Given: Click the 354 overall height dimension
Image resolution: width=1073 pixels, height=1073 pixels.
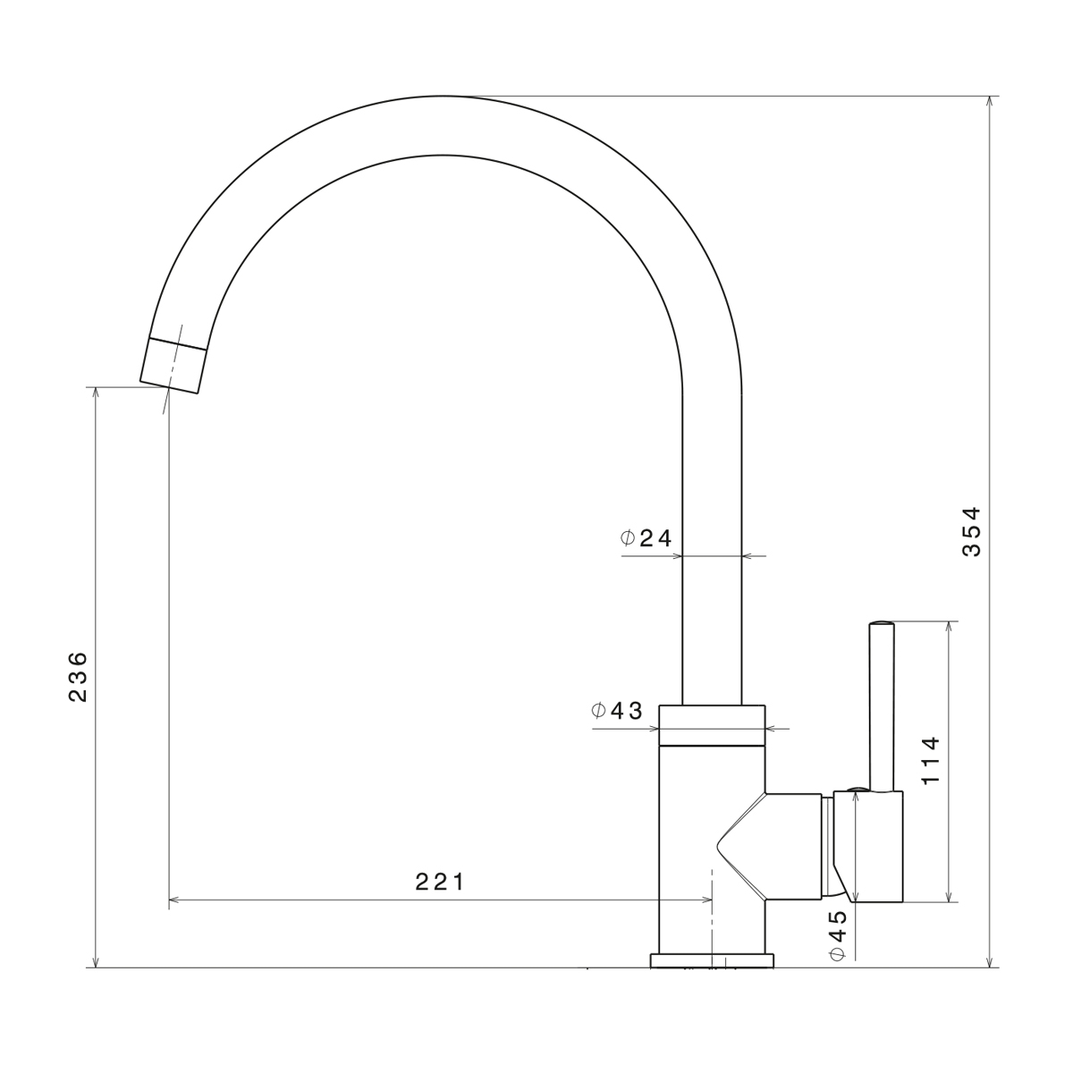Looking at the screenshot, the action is pyautogui.click(x=972, y=531).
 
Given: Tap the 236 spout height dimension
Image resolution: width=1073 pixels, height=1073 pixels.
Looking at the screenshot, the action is pyautogui.click(x=78, y=676).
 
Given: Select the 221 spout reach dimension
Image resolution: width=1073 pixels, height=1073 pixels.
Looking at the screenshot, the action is pyautogui.click(x=439, y=882).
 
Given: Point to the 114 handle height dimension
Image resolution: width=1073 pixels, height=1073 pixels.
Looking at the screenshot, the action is pyautogui.click(x=931, y=761).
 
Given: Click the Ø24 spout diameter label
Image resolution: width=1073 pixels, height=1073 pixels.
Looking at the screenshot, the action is pyautogui.click(x=646, y=538).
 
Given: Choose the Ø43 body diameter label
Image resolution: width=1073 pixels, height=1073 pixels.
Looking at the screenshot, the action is pyautogui.click(x=617, y=711).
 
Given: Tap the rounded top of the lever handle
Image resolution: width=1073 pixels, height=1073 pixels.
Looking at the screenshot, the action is pyautogui.click(x=882, y=623).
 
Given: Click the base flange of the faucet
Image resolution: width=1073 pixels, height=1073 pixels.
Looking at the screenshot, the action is pyautogui.click(x=712, y=960).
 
